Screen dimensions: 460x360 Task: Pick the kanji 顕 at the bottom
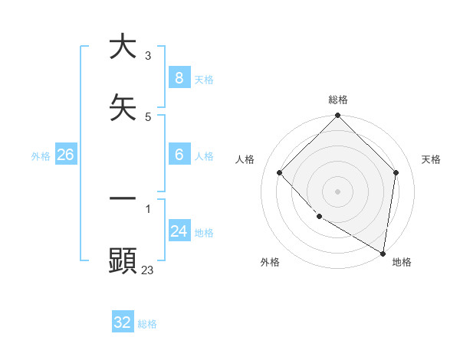[x=123, y=260]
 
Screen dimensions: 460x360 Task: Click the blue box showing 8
[x=179, y=78]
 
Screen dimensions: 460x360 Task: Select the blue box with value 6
[x=179, y=155]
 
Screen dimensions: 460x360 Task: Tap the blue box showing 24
[x=179, y=231]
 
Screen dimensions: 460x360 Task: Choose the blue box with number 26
[x=65, y=155]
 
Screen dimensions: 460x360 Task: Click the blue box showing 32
[x=123, y=322]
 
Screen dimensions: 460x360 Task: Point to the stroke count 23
[x=148, y=270]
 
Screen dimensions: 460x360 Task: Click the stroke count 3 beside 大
[x=148, y=56]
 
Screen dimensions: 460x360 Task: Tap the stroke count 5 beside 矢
[x=148, y=117]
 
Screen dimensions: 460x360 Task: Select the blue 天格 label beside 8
[x=204, y=79]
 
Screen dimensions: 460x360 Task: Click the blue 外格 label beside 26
[x=41, y=155]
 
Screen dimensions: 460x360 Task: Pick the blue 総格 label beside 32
[x=147, y=324]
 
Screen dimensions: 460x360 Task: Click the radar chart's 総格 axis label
[x=338, y=100]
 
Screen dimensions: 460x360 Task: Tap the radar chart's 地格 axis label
[x=402, y=262]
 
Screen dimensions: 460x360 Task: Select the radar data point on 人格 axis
[x=280, y=172]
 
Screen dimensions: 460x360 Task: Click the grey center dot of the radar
[x=338, y=191]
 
